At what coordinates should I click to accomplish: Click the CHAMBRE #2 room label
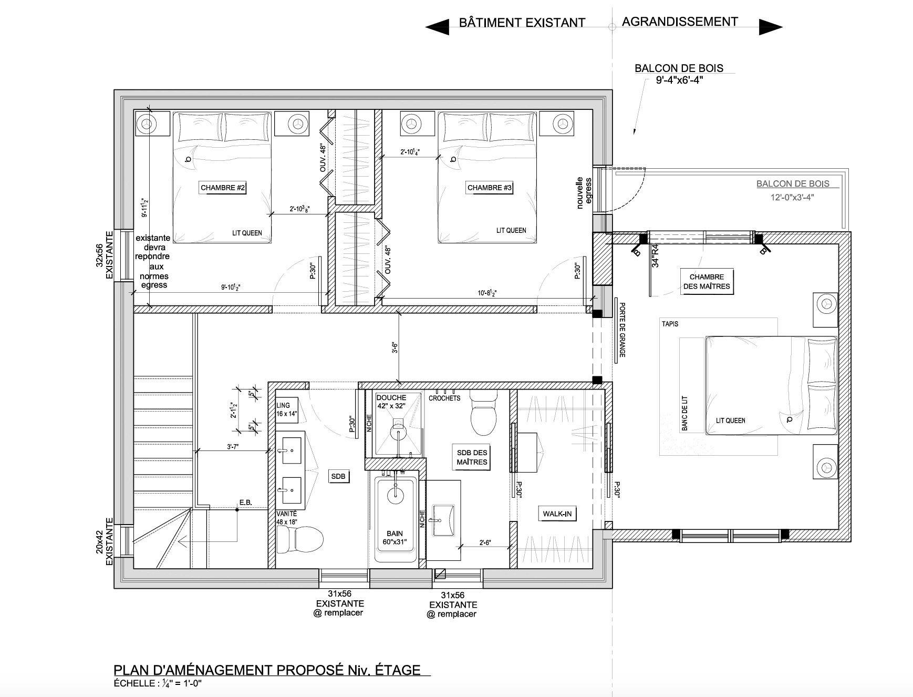(223, 188)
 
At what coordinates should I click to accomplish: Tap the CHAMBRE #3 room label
(490, 188)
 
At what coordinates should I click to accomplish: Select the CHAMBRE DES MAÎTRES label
(707, 282)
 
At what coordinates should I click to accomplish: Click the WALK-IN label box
(557, 514)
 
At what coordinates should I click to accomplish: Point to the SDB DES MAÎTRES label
(472, 457)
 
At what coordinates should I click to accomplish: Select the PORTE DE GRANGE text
(622, 330)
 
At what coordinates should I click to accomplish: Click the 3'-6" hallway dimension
(394, 348)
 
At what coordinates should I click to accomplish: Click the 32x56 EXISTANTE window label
(104, 255)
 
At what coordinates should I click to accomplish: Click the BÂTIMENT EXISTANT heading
(522, 22)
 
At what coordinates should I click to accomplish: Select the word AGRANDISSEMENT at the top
(680, 21)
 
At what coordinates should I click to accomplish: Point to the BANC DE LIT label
(684, 414)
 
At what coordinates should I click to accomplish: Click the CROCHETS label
(444, 398)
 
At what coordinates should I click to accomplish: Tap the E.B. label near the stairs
(246, 503)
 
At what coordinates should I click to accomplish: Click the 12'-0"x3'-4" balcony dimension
(793, 198)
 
